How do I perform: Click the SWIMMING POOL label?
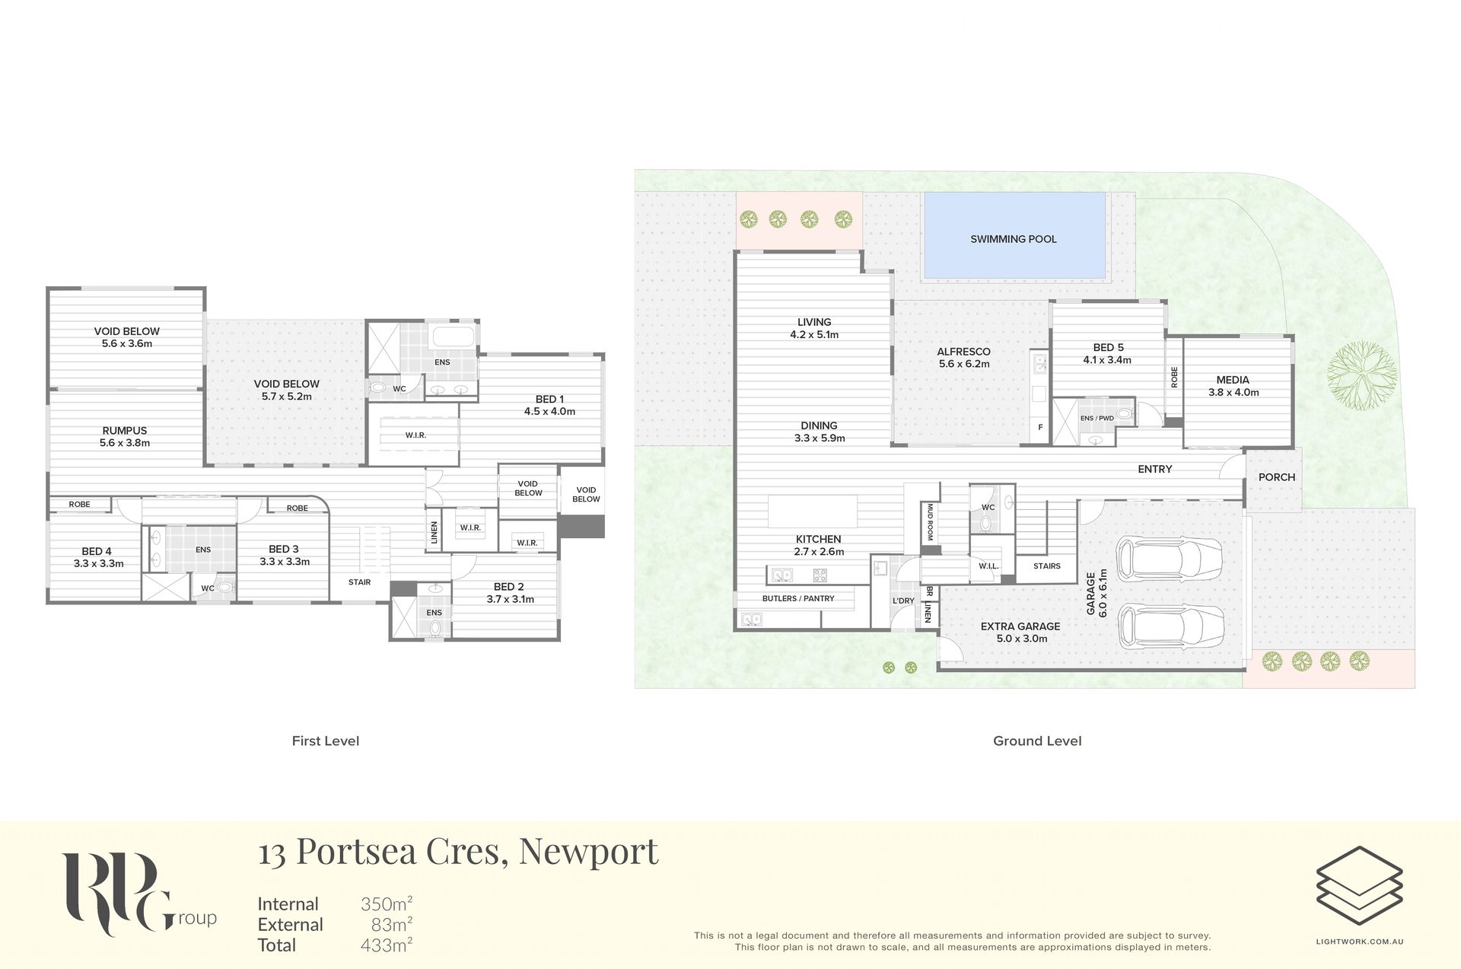click(1013, 239)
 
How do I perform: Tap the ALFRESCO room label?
click(963, 352)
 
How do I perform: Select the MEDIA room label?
click(1233, 380)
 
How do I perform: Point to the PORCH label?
click(1277, 477)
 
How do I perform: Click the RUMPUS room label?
click(125, 431)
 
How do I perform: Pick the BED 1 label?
click(549, 399)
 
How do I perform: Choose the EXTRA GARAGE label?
click(1020, 626)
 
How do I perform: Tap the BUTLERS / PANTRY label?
click(798, 598)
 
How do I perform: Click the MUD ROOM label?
click(930, 521)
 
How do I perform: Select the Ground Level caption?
click(1037, 741)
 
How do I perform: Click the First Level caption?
click(326, 741)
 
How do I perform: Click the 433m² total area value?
click(387, 945)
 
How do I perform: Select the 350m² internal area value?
click(387, 904)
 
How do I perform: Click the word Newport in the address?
click(588, 851)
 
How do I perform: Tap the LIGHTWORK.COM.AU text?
click(1360, 942)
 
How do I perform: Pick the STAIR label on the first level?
click(359, 582)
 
